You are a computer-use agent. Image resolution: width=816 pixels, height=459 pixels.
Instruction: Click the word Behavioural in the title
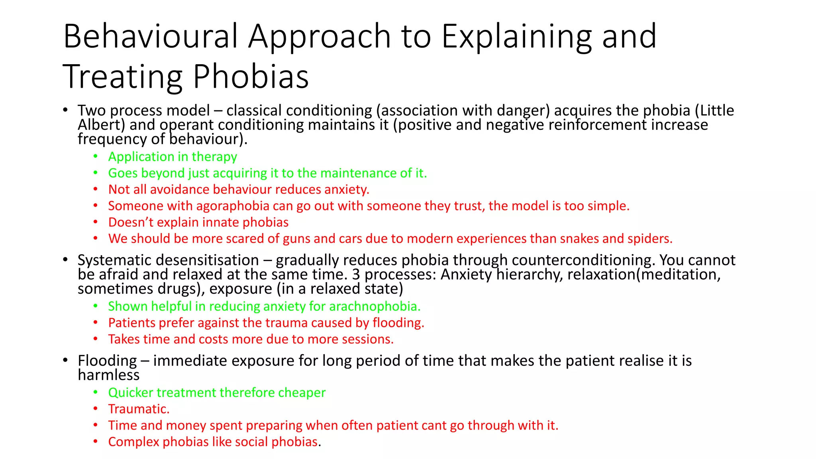(x=150, y=37)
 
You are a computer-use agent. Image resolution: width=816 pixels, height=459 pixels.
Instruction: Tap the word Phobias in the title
(x=251, y=76)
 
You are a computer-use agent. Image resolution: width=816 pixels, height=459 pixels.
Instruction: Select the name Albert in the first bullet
(x=101, y=125)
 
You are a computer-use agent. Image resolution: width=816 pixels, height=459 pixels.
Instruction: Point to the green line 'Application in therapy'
(x=173, y=157)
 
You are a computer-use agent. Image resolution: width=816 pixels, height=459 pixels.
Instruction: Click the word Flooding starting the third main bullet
(x=107, y=361)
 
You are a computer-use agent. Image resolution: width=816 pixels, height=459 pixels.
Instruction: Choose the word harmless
(x=108, y=375)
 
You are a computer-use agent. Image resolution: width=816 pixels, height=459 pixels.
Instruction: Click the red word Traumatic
(x=138, y=409)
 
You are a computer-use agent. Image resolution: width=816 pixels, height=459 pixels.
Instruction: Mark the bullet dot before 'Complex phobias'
(x=96, y=441)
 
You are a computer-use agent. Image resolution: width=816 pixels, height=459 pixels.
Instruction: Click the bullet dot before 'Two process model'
(x=65, y=110)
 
